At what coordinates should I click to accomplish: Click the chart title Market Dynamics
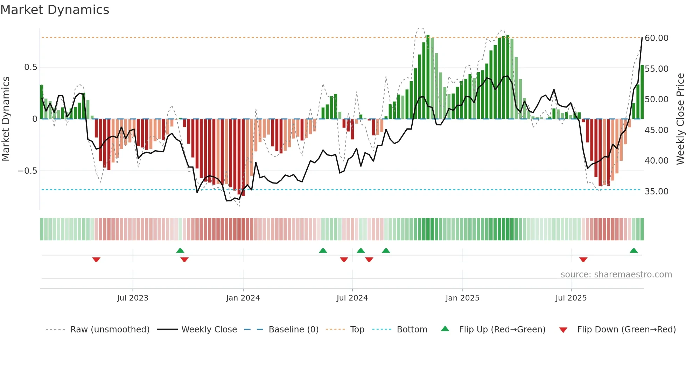click(55, 10)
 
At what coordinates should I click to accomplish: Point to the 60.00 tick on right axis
click(656, 38)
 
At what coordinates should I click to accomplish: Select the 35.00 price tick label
click(656, 191)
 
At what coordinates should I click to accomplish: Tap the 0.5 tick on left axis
click(30, 67)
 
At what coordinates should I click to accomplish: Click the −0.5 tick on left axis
click(27, 171)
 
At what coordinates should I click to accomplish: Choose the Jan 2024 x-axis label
click(243, 298)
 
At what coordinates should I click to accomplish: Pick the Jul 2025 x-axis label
click(571, 298)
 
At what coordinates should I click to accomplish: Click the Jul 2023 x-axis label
click(133, 298)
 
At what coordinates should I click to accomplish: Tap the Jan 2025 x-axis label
click(462, 298)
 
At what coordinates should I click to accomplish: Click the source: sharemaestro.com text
click(616, 275)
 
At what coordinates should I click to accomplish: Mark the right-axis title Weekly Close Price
click(680, 119)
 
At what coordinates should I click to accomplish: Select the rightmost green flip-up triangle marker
click(633, 251)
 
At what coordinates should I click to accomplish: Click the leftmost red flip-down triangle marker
click(96, 260)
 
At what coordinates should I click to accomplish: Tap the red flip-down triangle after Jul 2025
click(583, 260)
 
